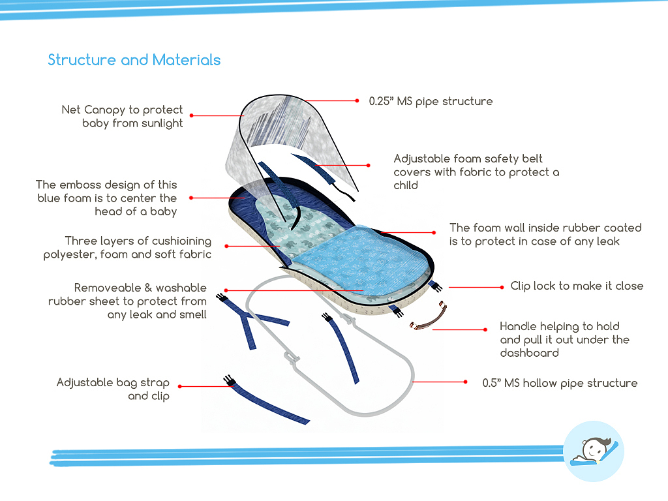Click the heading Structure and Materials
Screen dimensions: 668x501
click(134, 60)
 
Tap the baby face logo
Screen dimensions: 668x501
click(593, 451)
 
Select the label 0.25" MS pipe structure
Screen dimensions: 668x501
click(431, 101)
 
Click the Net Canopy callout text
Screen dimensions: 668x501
click(123, 116)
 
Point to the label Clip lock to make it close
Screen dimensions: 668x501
click(576, 286)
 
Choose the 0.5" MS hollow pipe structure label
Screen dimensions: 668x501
click(560, 383)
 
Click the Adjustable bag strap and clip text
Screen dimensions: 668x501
click(113, 389)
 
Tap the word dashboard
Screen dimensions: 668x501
click(529, 353)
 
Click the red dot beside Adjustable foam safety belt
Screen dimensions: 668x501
click(369, 165)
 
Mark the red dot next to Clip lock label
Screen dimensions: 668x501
click(502, 286)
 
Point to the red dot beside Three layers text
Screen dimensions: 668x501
click(227, 246)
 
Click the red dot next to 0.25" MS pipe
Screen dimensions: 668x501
click(357, 101)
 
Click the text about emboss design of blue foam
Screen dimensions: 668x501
click(107, 198)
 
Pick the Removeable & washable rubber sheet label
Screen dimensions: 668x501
click(127, 301)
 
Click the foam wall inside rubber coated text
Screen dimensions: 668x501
click(545, 234)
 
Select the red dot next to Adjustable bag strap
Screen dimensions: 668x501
click(180, 386)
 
